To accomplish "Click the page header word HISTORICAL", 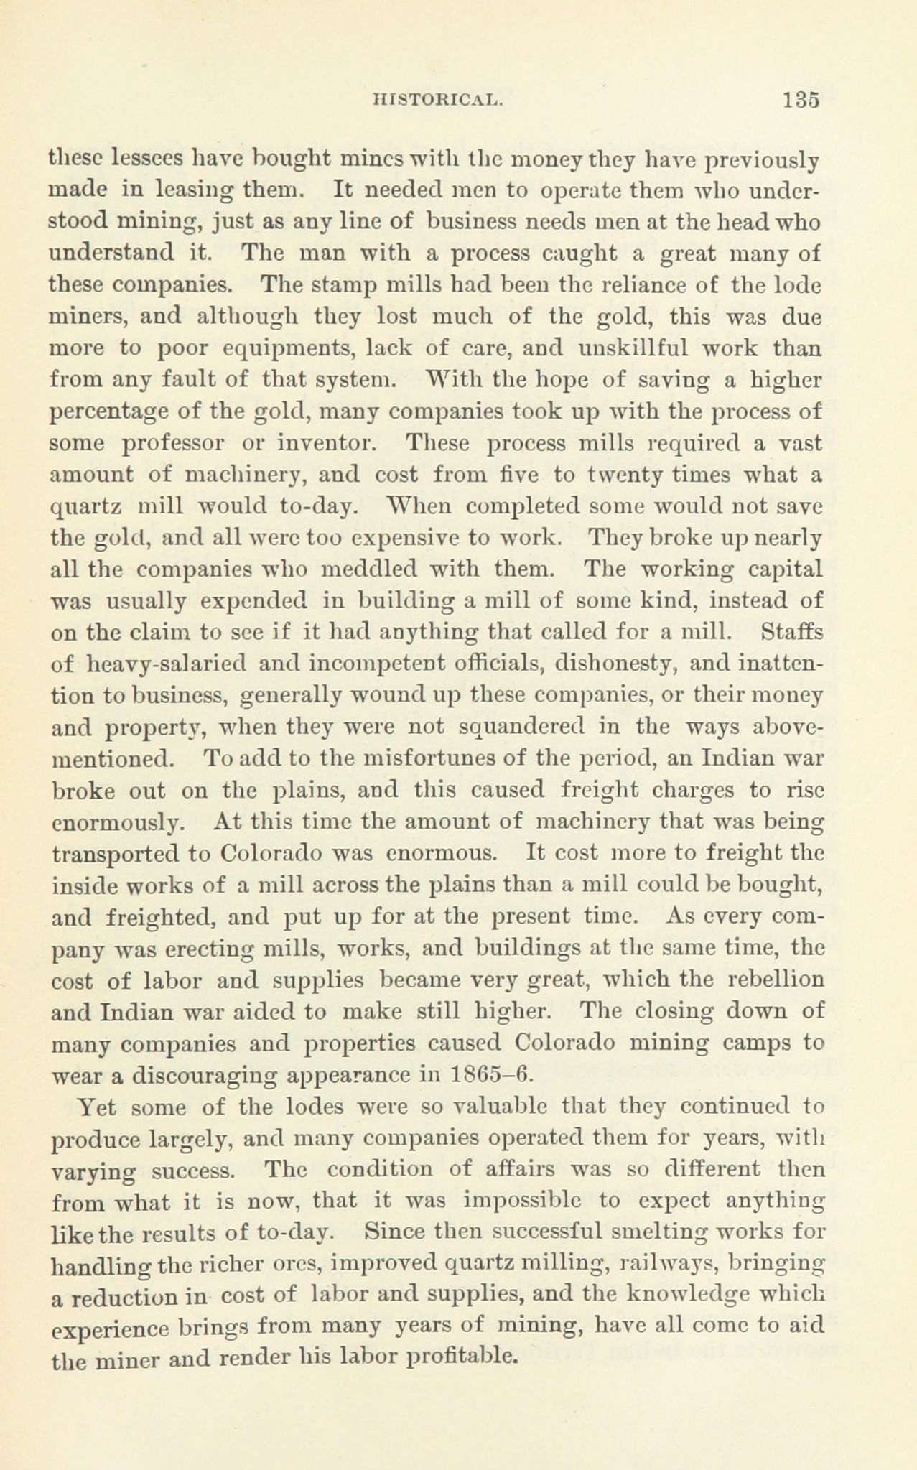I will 437,100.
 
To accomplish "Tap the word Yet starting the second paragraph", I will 96,1106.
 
